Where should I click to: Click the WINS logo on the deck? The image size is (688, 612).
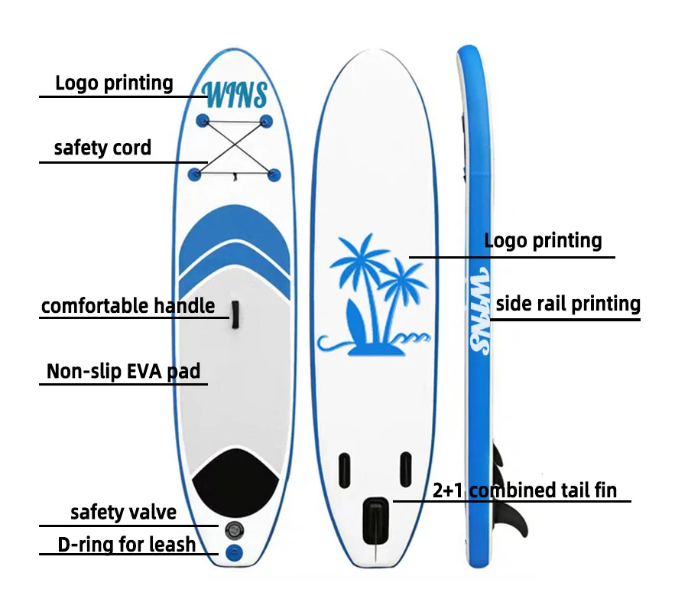[236, 95]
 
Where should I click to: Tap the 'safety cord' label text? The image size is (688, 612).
[102, 148]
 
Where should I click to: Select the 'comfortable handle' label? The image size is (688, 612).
[128, 307]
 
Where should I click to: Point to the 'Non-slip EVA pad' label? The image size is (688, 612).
[123, 372]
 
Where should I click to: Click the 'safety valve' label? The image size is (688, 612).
[123, 513]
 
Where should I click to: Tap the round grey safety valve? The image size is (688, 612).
[233, 529]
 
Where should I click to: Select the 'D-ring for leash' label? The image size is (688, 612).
[127, 545]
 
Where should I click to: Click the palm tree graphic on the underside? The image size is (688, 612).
[375, 295]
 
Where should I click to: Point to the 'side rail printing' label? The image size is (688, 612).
[568, 304]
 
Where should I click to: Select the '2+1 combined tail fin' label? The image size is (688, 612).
[524, 490]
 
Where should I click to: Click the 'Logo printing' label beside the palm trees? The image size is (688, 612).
[544, 241]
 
